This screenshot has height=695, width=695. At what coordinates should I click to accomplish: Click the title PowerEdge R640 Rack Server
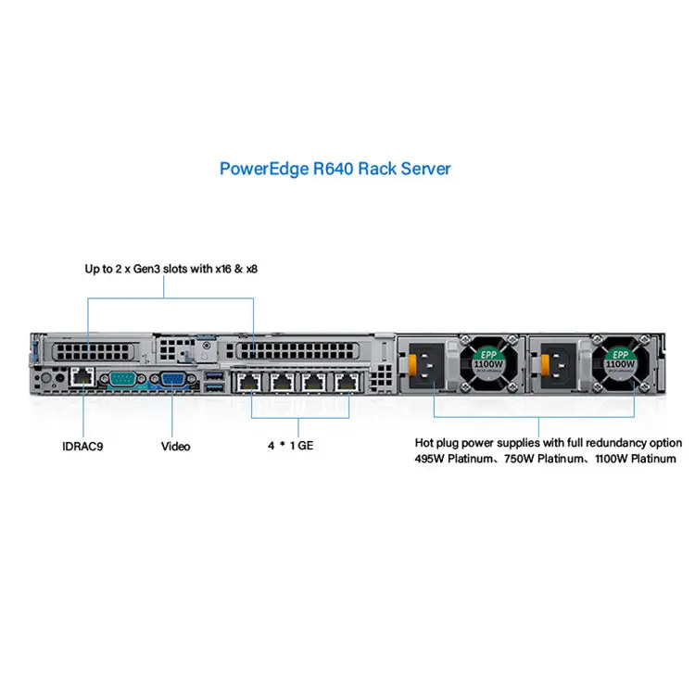coord(335,170)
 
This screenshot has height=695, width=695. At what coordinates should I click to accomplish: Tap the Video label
coord(175,447)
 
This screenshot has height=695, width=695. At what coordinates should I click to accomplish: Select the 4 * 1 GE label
coord(291,447)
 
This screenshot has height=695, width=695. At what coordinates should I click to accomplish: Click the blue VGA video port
coord(172,380)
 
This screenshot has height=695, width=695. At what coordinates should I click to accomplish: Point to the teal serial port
coord(122,379)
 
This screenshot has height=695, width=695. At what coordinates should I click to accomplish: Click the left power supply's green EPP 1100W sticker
coord(488,360)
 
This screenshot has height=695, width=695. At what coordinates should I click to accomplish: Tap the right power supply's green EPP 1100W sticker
coord(619,360)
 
